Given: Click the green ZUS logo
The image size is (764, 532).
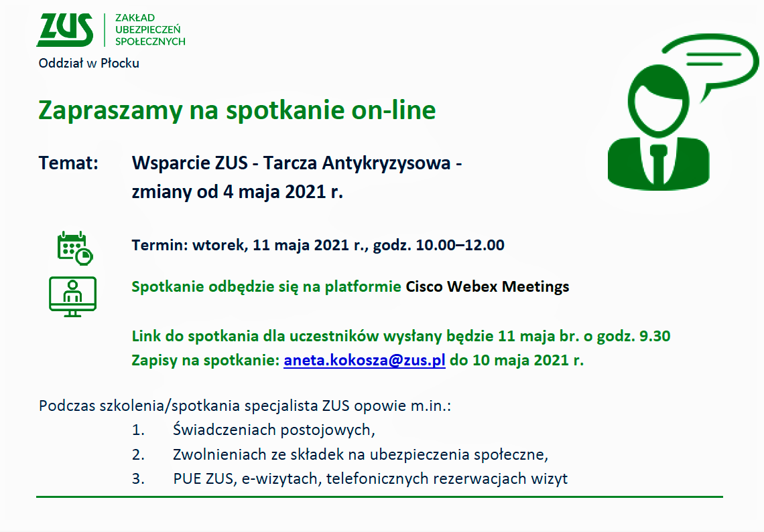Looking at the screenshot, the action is click(x=65, y=29).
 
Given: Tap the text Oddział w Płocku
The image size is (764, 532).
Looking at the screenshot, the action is click(x=88, y=64).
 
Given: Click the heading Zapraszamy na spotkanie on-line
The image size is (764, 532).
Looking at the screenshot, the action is click(x=237, y=110).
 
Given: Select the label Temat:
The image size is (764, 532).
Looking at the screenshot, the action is click(x=68, y=163).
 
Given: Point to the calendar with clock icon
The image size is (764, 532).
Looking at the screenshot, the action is click(x=75, y=248).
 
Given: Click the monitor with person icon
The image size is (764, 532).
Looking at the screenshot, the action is click(x=72, y=297).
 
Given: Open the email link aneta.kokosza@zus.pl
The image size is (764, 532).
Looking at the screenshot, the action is click(x=365, y=360).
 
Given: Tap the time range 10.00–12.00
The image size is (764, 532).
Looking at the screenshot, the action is click(x=460, y=245).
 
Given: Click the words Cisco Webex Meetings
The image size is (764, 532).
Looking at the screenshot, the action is click(x=487, y=286).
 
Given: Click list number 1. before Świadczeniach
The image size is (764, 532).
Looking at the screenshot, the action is click(x=138, y=430).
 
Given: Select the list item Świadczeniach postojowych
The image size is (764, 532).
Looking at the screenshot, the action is click(x=274, y=430).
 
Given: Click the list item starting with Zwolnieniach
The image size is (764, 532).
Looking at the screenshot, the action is click(x=361, y=454).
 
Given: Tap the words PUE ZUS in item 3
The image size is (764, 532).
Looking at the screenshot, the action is click(x=204, y=479).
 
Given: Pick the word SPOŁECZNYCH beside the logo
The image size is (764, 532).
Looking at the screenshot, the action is click(x=150, y=42).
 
